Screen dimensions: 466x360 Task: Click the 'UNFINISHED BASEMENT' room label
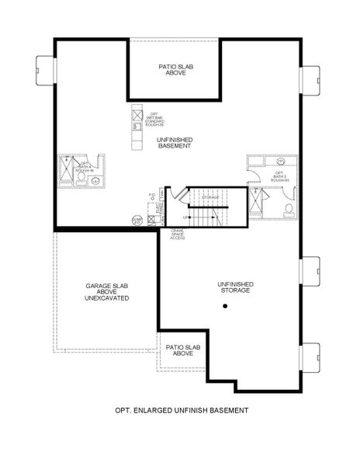pyautogui.click(x=174, y=143)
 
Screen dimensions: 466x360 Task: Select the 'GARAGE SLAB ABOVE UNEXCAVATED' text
pyautogui.click(x=107, y=292)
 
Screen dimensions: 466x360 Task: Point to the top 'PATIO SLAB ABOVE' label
pyautogui.click(x=175, y=71)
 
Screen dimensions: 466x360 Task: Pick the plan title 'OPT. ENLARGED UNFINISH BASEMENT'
pyautogui.click(x=180, y=409)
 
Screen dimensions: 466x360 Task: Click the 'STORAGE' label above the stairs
pyautogui.click(x=210, y=198)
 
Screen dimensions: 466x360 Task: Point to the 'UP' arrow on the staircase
pyautogui.click(x=188, y=217)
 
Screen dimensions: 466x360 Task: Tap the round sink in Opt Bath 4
pyautogui.click(x=96, y=181)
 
